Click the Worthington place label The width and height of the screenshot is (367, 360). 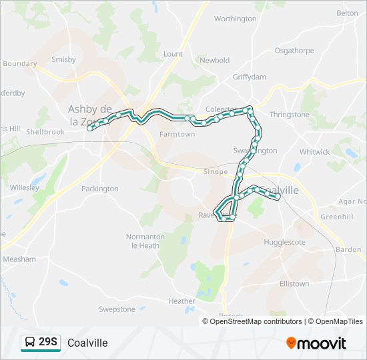pos(235,19)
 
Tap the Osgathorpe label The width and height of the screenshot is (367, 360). pos(294,50)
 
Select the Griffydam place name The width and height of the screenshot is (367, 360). pos(249,77)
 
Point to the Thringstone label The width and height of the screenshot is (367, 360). pos(290,115)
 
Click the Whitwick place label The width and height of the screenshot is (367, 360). pos(315,152)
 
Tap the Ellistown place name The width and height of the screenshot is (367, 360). pos(294,283)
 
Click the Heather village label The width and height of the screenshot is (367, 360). pos(181,301)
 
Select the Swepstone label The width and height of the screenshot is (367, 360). pos(117,309)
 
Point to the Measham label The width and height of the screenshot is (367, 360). pos(19,259)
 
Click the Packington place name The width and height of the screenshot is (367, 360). pos(99,189)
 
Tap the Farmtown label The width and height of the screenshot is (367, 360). pos(177,134)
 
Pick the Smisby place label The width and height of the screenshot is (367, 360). pos(64,59)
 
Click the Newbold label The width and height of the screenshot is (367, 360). pos(215,60)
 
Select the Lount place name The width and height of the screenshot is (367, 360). pos(173,54)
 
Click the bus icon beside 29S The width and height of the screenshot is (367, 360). pos(29,343)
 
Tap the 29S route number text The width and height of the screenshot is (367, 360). pos(49,343)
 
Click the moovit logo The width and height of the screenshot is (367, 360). pos(316,343)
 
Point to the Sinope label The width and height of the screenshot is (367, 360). pos(216,171)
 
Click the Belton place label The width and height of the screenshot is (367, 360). pos(347,13)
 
